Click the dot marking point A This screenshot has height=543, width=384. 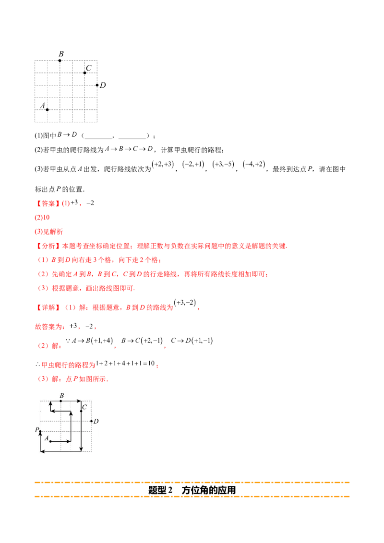(50, 441)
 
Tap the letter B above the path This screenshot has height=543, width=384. (61, 395)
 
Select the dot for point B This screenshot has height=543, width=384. (61, 401)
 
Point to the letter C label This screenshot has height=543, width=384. (84, 407)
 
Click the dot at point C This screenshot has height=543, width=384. (81, 411)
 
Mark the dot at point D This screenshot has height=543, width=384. (91, 421)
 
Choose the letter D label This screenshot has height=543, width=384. (96, 421)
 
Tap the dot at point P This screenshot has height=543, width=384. (40, 432)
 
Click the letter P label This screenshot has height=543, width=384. (36, 430)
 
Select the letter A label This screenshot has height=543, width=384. (47, 438)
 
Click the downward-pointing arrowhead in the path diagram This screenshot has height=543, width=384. (81, 449)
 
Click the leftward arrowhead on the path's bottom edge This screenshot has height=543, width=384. (43, 451)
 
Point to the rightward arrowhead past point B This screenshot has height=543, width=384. (78, 401)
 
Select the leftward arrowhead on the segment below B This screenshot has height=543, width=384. (53, 411)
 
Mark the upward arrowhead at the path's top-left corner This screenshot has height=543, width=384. (50, 403)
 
